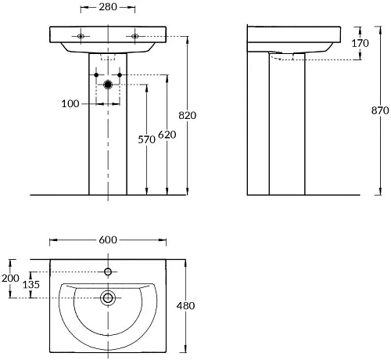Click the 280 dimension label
(108, 7)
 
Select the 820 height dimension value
(188, 115)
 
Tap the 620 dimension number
(167, 135)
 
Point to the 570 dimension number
(146, 139)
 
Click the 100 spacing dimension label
(70, 104)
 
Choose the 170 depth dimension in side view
(361, 43)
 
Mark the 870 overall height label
(380, 110)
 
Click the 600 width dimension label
(108, 239)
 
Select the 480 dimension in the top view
(185, 306)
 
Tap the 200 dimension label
(10, 279)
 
